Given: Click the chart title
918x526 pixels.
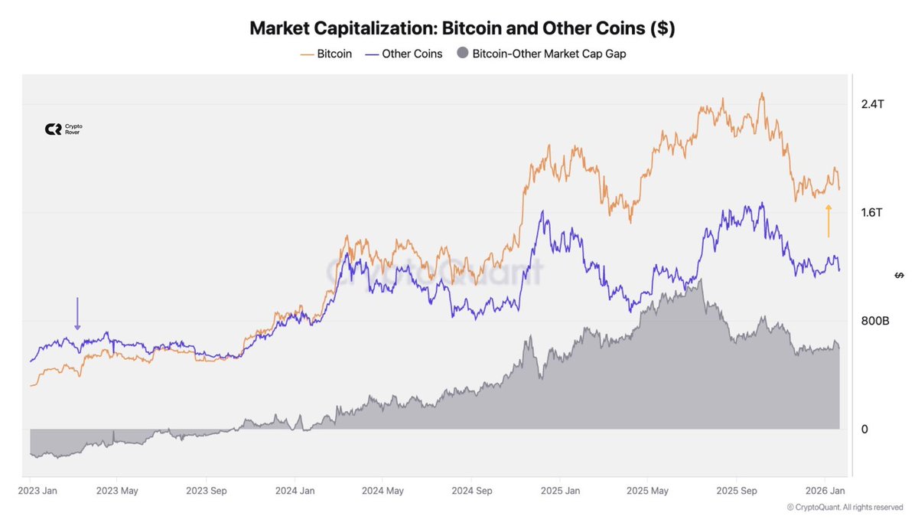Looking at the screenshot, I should coord(462,28).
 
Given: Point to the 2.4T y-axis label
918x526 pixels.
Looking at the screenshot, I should coord(872,104).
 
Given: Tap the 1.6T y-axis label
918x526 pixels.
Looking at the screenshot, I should coord(872,212).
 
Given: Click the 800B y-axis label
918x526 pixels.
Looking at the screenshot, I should coord(874,321).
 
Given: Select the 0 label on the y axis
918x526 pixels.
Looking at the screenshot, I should coord(864,429).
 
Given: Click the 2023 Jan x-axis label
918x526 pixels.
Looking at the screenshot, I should coord(37,490).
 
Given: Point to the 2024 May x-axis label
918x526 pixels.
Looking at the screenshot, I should coord(382,490).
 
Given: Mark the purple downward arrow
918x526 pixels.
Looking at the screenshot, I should coord(77,314).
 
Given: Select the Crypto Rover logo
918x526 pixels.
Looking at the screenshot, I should coord(63,129).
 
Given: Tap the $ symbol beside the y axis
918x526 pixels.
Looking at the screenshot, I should coord(899,275).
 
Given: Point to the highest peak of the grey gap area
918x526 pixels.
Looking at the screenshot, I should coord(701,280).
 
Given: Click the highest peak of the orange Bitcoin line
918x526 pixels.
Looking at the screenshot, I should coord(761,93).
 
